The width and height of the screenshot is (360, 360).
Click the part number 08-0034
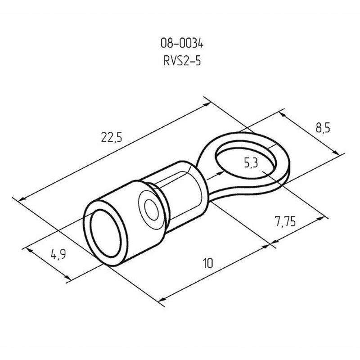click(x=182, y=43)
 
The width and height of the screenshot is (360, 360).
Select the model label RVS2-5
click(x=182, y=61)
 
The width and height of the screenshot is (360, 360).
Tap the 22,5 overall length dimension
click(x=112, y=137)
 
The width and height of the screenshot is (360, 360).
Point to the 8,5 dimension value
click(x=323, y=128)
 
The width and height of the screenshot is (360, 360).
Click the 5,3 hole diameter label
click(x=251, y=163)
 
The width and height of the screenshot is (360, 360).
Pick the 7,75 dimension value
click(x=285, y=221)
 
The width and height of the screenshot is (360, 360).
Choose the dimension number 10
click(x=208, y=263)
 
